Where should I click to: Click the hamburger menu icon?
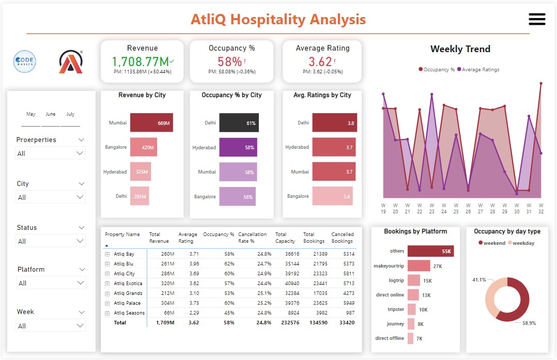(537, 19)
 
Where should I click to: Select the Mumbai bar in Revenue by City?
(151, 123)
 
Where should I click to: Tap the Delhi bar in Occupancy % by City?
(239, 123)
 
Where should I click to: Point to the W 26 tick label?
(468, 208)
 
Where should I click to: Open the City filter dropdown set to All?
(51, 197)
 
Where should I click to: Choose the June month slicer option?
(50, 114)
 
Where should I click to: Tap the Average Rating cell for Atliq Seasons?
(193, 313)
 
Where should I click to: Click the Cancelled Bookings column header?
(342, 238)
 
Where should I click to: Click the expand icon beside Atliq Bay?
(107, 254)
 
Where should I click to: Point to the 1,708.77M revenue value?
(140, 61)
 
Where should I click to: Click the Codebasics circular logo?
(24, 61)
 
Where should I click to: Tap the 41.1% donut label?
(479, 279)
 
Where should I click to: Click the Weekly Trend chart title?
(460, 49)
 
